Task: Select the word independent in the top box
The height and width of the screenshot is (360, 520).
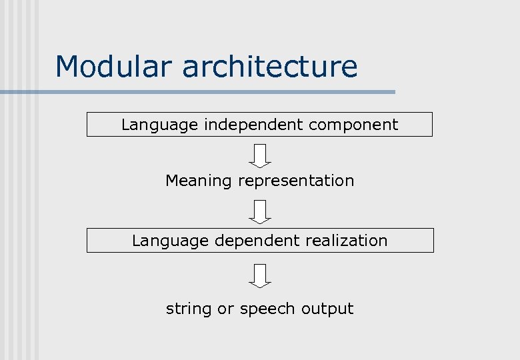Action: [x=253, y=125]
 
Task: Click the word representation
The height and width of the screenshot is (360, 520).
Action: [x=296, y=181]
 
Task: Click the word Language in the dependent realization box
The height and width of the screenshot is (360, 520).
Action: [x=170, y=241]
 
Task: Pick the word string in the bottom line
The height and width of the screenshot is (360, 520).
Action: [x=189, y=309]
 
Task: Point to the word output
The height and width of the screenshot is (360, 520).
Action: [x=327, y=309]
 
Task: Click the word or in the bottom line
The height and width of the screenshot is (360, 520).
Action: [x=225, y=309]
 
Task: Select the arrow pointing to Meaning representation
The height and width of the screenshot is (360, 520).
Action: [x=261, y=156]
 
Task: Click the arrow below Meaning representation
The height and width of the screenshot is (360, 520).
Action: [x=261, y=211]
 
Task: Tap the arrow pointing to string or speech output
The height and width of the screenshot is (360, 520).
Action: [x=261, y=275]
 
